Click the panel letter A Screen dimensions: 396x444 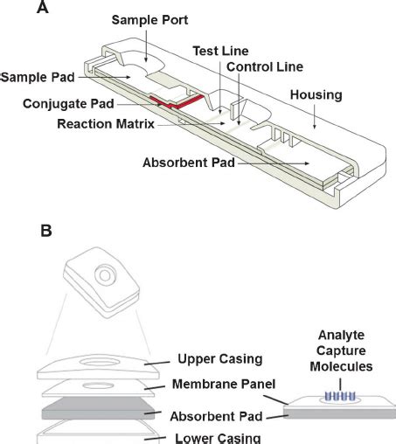click(43, 7)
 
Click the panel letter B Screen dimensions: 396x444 click(46, 231)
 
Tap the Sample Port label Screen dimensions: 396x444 click(149, 20)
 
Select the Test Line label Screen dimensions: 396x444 click(220, 51)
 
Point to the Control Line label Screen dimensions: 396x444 click(265, 66)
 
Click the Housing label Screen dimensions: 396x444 click(316, 95)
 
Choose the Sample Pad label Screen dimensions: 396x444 click(38, 77)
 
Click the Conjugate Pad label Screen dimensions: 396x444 click(68, 104)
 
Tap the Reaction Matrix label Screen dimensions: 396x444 click(106, 124)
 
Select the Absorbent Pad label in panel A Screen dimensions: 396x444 click(189, 163)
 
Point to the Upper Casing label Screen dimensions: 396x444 click(220, 359)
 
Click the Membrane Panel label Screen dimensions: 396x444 click(224, 384)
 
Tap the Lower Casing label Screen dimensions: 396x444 click(218, 439)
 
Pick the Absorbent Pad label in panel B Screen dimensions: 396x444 click(216, 416)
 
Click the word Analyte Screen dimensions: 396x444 click(341, 336)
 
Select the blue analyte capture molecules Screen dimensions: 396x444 click(340, 396)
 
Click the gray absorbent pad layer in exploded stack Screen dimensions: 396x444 click(98, 408)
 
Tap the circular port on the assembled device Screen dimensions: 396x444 click(105, 275)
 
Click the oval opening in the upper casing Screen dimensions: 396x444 click(100, 363)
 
